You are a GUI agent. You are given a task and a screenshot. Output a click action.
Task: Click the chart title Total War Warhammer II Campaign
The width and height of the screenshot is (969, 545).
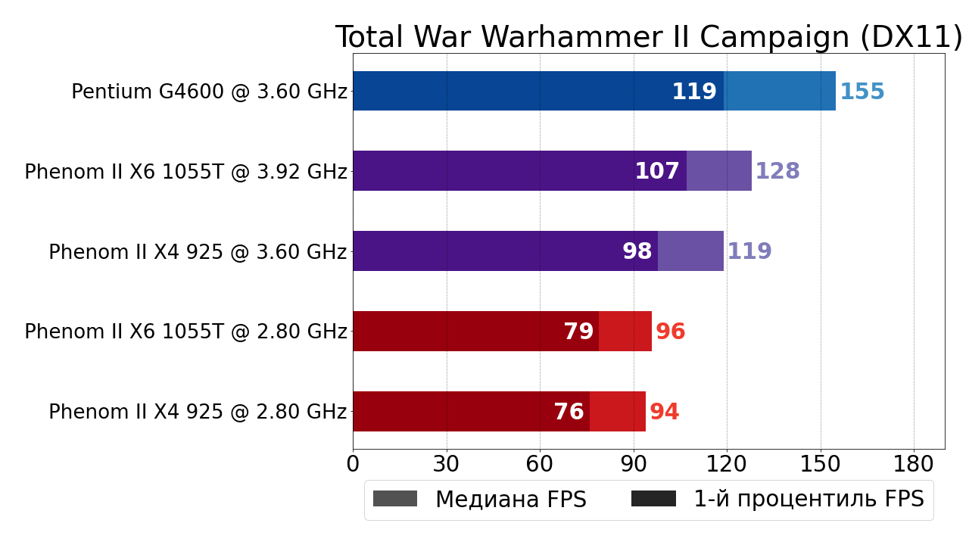[x=649, y=37]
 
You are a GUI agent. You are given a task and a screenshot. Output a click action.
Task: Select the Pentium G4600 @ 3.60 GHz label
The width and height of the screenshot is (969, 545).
[x=209, y=92]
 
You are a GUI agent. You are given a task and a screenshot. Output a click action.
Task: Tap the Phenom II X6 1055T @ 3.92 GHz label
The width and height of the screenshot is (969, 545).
[x=185, y=173]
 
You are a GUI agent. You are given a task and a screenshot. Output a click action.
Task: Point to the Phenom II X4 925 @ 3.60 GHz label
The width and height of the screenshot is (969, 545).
[x=198, y=253]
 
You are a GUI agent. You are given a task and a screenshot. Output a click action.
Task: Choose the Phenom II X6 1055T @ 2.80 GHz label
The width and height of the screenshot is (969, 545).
[x=185, y=332]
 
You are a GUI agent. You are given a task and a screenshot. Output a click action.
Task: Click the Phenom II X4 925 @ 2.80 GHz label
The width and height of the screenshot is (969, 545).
[x=198, y=413]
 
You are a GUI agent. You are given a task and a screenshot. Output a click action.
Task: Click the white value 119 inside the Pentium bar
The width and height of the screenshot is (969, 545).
[x=694, y=92]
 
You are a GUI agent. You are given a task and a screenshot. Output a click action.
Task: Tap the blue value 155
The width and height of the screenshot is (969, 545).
[x=862, y=92]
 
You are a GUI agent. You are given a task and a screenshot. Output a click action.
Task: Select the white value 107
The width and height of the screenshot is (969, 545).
[x=657, y=172]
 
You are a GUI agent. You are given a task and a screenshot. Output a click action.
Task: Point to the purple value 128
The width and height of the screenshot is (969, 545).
[x=777, y=172]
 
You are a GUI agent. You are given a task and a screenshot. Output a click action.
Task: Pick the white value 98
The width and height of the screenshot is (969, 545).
[x=637, y=252]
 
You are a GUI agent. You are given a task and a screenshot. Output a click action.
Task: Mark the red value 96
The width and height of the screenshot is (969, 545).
[x=671, y=332]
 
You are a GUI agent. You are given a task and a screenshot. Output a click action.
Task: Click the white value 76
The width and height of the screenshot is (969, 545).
[x=569, y=413]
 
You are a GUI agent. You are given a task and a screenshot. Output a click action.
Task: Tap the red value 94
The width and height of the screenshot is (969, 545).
[x=665, y=413]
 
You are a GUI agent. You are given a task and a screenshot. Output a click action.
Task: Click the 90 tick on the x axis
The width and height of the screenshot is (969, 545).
[x=634, y=464]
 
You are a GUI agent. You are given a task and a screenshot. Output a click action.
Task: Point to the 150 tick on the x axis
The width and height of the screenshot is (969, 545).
[x=821, y=464]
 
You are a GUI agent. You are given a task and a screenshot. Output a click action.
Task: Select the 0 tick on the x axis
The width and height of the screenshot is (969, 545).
[x=353, y=464]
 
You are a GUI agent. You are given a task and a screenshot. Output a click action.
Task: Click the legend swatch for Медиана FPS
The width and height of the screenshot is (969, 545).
[x=395, y=499]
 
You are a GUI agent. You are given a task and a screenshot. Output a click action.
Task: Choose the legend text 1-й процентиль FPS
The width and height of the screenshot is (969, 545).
[x=809, y=500]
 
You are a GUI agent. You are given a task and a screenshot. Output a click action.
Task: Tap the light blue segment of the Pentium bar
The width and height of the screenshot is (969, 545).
[x=780, y=91]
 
